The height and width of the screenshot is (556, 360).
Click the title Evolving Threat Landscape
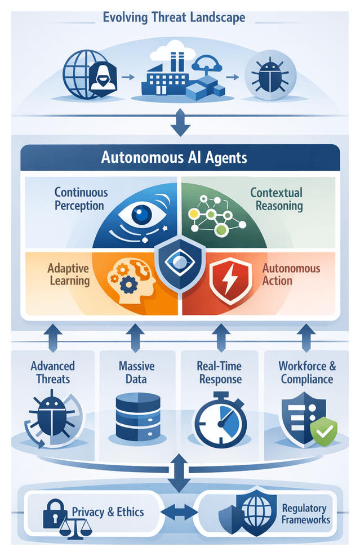174,17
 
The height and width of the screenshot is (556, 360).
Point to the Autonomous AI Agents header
174,157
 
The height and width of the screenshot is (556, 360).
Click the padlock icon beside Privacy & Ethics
54,509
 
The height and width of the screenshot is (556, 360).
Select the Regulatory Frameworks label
305,513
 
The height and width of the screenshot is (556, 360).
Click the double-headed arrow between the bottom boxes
177,512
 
